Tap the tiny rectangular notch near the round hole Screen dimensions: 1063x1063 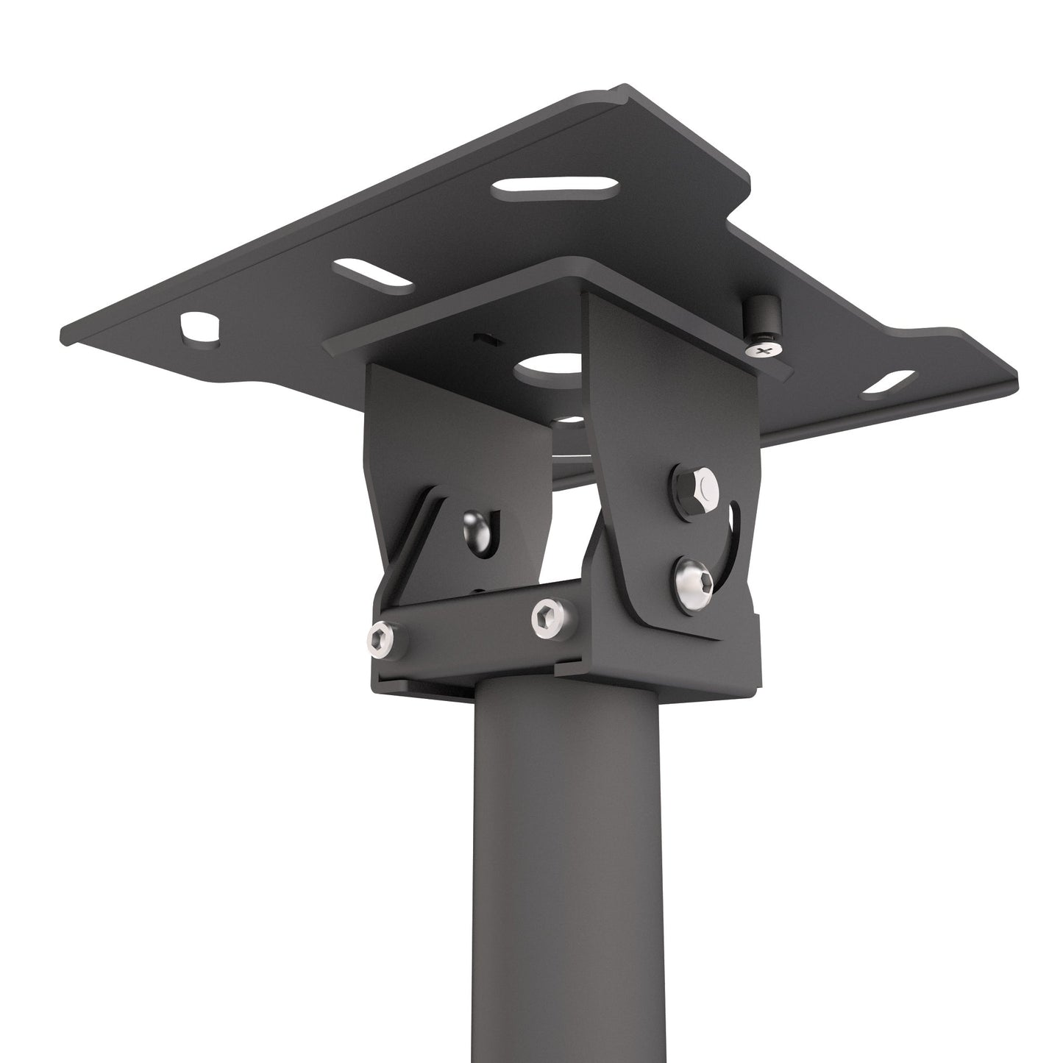pos(484,339)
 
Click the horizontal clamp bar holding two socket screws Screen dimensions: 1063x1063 pos(471,622)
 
